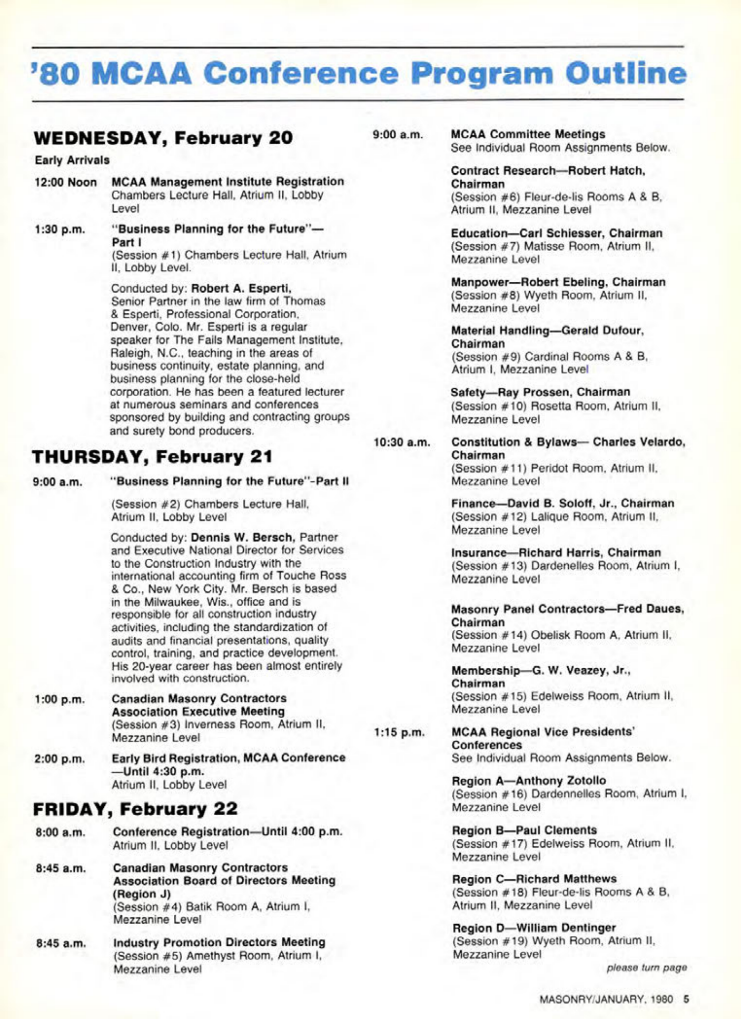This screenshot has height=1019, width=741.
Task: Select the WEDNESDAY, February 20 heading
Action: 163,138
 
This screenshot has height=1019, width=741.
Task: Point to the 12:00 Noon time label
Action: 65,182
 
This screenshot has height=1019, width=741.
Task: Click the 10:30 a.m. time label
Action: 402,443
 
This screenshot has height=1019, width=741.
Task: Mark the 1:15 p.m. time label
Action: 399,733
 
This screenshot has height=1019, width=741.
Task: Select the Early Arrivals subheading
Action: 72,160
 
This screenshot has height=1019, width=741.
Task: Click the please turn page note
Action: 646,968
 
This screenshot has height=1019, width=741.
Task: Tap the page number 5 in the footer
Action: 686,999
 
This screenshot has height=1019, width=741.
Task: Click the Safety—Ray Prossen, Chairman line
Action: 540,392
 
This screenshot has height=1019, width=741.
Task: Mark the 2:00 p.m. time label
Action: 59,759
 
